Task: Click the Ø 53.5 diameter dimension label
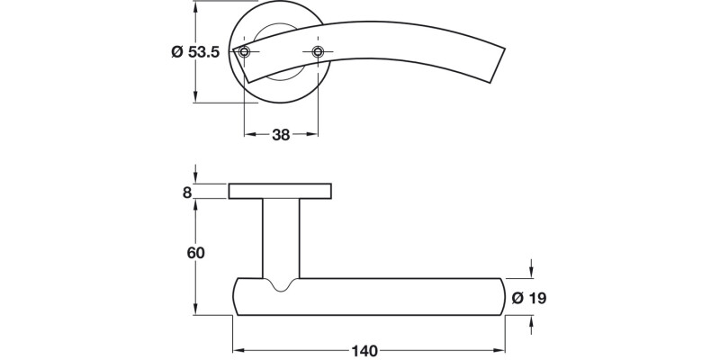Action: click(x=194, y=53)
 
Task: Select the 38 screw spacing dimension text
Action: click(x=281, y=135)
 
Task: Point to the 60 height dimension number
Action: click(x=194, y=253)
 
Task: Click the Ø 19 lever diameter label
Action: click(x=530, y=298)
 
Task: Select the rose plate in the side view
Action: click(x=281, y=191)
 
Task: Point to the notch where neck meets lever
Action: click(x=281, y=287)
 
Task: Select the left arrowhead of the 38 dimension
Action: click(x=248, y=135)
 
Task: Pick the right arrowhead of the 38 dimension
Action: click(x=314, y=135)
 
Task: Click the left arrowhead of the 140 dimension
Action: click(x=238, y=349)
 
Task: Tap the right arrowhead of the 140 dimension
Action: click(x=499, y=349)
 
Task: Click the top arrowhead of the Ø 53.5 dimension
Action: click(x=195, y=7)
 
